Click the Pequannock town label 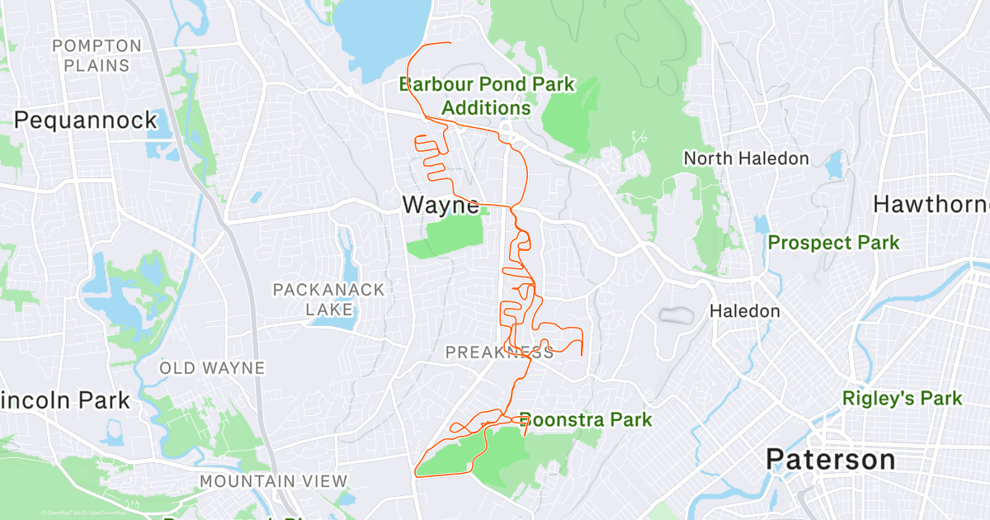coord(86,121)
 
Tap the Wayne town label coord(441,205)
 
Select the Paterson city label coord(830,460)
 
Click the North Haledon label coord(746,158)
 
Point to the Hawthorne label coord(931,204)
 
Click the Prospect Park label coord(833,243)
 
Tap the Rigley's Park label coord(902,399)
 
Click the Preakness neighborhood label coord(499,353)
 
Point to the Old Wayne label coord(212,368)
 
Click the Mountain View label coord(273,481)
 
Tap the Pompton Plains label coord(97,55)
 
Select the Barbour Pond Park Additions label coord(487,96)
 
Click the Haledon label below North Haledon coord(745,311)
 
